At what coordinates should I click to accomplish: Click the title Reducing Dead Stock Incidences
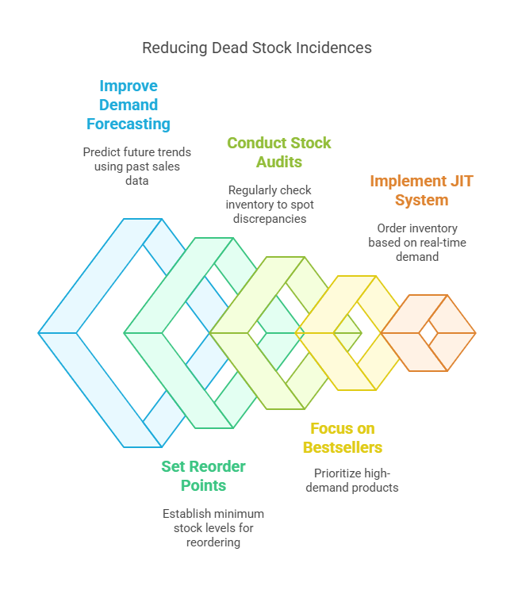pyautogui.click(x=257, y=48)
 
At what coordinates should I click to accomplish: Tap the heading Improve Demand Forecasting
pyautogui.click(x=128, y=105)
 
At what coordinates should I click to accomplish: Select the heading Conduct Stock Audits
pyautogui.click(x=279, y=152)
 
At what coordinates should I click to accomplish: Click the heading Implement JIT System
pyautogui.click(x=421, y=190)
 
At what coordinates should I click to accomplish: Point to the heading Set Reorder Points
pyautogui.click(x=204, y=476)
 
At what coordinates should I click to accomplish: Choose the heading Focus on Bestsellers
pyautogui.click(x=343, y=438)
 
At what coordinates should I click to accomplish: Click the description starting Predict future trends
pyautogui.click(x=137, y=167)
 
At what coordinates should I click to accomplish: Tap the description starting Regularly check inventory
pyautogui.click(x=270, y=205)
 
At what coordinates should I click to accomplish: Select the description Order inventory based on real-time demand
pyautogui.click(x=417, y=243)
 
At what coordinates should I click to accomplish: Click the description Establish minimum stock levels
pyautogui.click(x=213, y=528)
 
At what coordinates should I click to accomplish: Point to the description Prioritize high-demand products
pyautogui.click(x=352, y=480)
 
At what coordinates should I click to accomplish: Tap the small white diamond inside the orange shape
pyautogui.click(x=428, y=333)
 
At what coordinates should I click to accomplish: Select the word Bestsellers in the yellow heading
pyautogui.click(x=343, y=447)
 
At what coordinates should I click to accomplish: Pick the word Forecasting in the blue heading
pyautogui.click(x=128, y=124)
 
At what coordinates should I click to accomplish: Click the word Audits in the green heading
pyautogui.click(x=279, y=162)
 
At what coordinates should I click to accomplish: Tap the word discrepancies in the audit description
pyautogui.click(x=270, y=219)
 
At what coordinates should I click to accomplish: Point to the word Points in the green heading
pyautogui.click(x=204, y=485)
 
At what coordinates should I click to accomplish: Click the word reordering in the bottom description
pyautogui.click(x=213, y=542)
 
